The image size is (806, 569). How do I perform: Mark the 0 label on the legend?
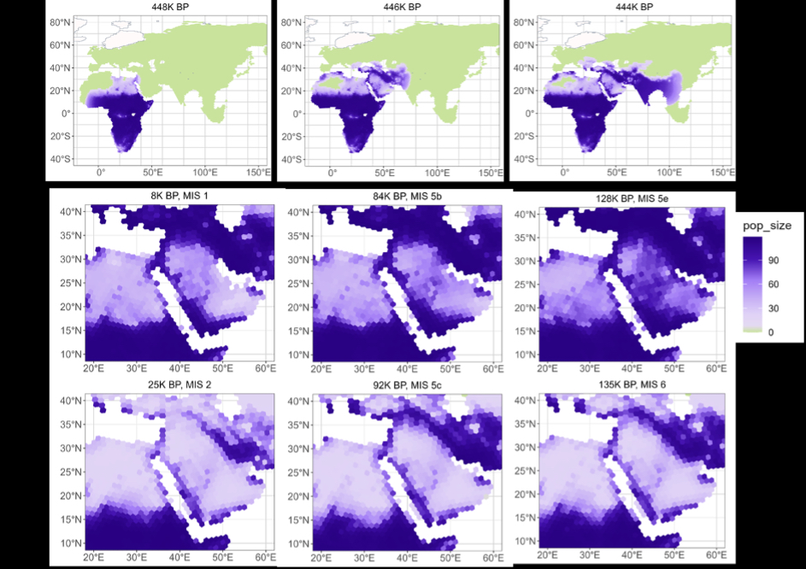point(771,332)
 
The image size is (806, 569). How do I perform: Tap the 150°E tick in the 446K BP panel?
point(489,173)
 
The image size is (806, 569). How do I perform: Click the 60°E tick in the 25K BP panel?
point(267,556)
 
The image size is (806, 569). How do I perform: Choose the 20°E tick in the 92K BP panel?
point(321,556)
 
